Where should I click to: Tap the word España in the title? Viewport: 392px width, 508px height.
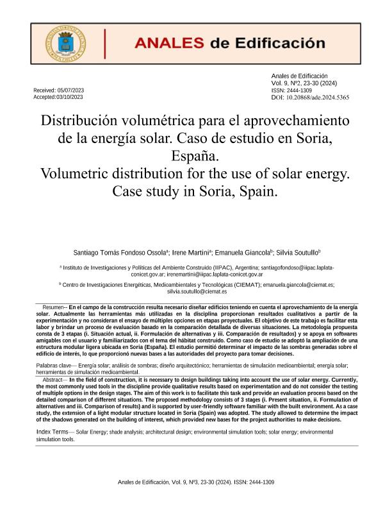[195, 156]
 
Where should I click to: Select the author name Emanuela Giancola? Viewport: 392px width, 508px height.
[248, 253]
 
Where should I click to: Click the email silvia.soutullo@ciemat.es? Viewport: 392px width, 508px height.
[197, 291]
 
